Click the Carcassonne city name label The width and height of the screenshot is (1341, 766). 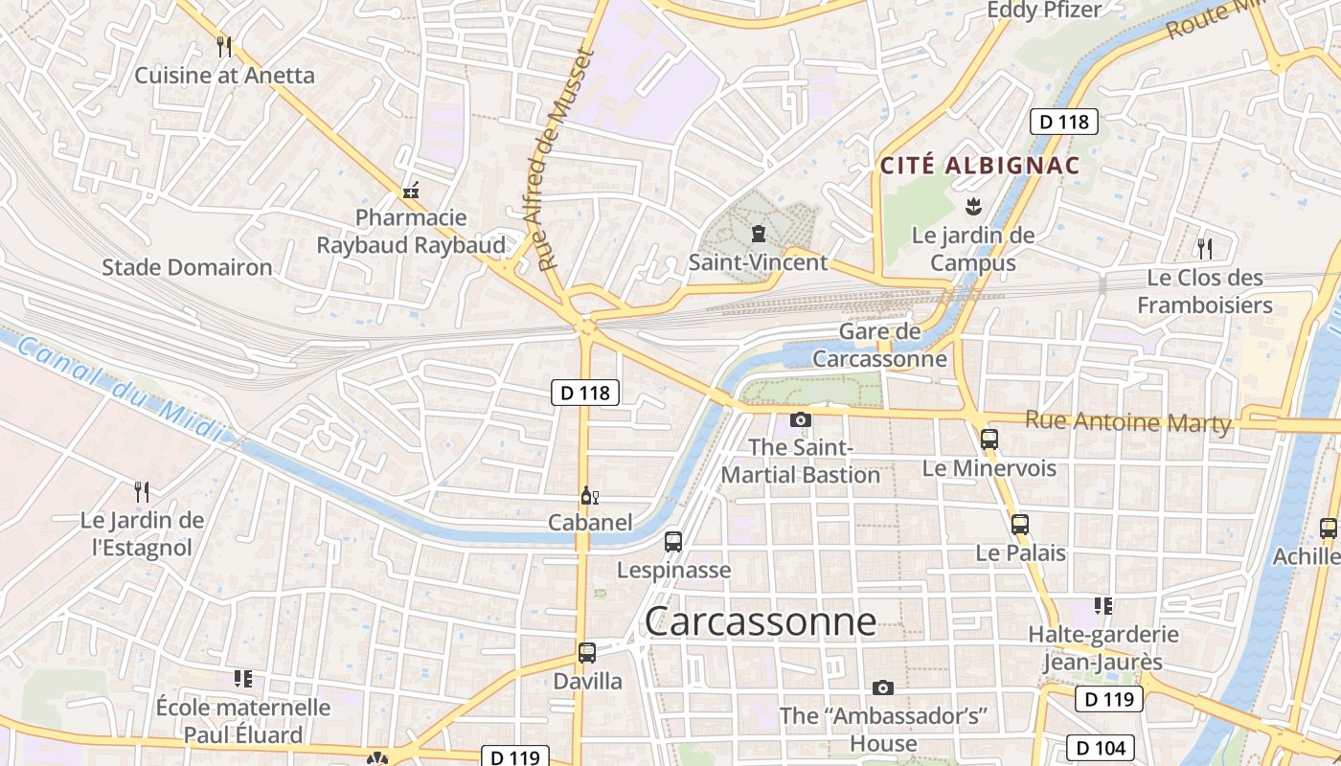pyautogui.click(x=760, y=621)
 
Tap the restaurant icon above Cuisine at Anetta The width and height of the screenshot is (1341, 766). pyautogui.click(x=224, y=46)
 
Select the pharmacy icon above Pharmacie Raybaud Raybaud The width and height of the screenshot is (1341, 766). pyautogui.click(x=411, y=191)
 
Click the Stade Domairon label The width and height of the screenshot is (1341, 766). pyautogui.click(x=187, y=267)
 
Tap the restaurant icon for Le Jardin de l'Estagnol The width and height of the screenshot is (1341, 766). pyautogui.click(x=142, y=492)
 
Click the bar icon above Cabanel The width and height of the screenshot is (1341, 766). pyautogui.click(x=589, y=495)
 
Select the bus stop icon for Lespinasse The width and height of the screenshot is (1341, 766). pyautogui.click(x=673, y=542)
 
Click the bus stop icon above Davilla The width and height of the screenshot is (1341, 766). pyautogui.click(x=587, y=653)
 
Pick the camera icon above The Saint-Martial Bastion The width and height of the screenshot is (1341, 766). pyautogui.click(x=801, y=419)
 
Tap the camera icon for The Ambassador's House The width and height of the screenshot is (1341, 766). pyautogui.click(x=883, y=687)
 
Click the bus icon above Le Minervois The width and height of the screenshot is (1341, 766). pyautogui.click(x=989, y=439)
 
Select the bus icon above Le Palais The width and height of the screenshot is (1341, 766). pyautogui.click(x=1020, y=525)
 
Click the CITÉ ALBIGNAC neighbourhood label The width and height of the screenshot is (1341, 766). pyautogui.click(x=980, y=166)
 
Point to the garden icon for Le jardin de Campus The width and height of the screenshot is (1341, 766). pyautogui.click(x=973, y=206)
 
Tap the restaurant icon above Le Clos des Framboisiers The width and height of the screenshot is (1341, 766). pyautogui.click(x=1205, y=249)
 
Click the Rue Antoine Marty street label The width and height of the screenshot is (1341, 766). pyautogui.click(x=1127, y=421)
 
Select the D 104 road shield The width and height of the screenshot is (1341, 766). pyautogui.click(x=1101, y=747)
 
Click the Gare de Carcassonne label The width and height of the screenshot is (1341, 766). pyautogui.click(x=879, y=346)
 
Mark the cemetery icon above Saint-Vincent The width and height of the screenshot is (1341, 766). pyautogui.click(x=759, y=233)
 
